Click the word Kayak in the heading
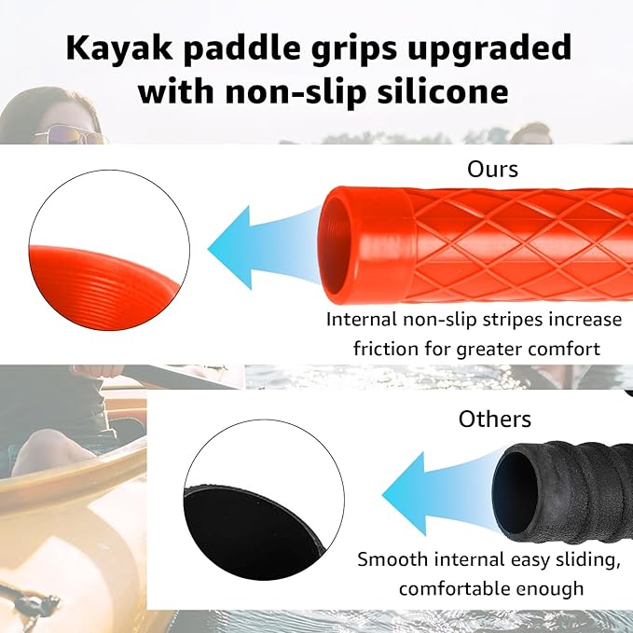(111, 48)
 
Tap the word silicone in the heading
(438, 91)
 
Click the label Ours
(492, 170)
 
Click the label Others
(494, 419)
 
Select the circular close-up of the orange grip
(109, 247)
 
